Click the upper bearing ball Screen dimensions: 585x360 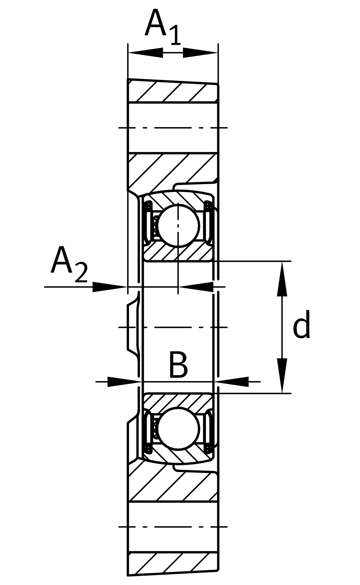pyautogui.click(x=179, y=224)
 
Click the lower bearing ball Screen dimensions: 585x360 pyautogui.click(x=179, y=428)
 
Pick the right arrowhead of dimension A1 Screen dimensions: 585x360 pyautogui.click(x=197, y=53)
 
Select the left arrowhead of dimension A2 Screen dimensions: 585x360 pyautogui.click(x=108, y=287)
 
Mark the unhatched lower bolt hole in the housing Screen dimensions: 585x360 pyautogui.click(x=173, y=527)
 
